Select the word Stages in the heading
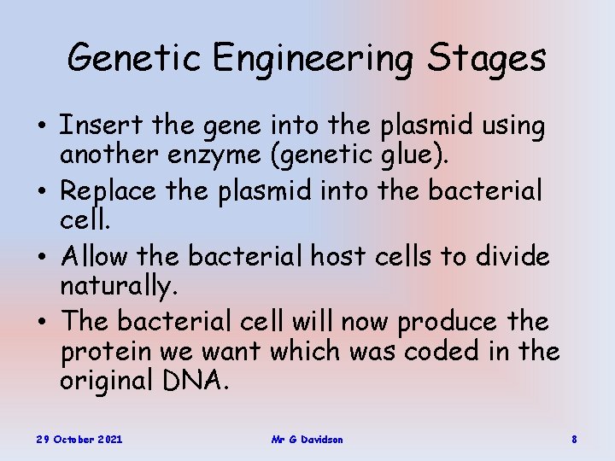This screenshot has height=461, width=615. click(x=489, y=58)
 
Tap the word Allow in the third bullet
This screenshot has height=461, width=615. click(x=94, y=255)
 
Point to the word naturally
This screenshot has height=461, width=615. click(x=118, y=288)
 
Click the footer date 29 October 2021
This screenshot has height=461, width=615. click(x=79, y=439)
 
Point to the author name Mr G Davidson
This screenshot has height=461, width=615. click(x=307, y=439)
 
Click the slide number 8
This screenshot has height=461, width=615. click(x=574, y=439)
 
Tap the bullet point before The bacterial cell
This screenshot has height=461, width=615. click(x=41, y=322)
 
